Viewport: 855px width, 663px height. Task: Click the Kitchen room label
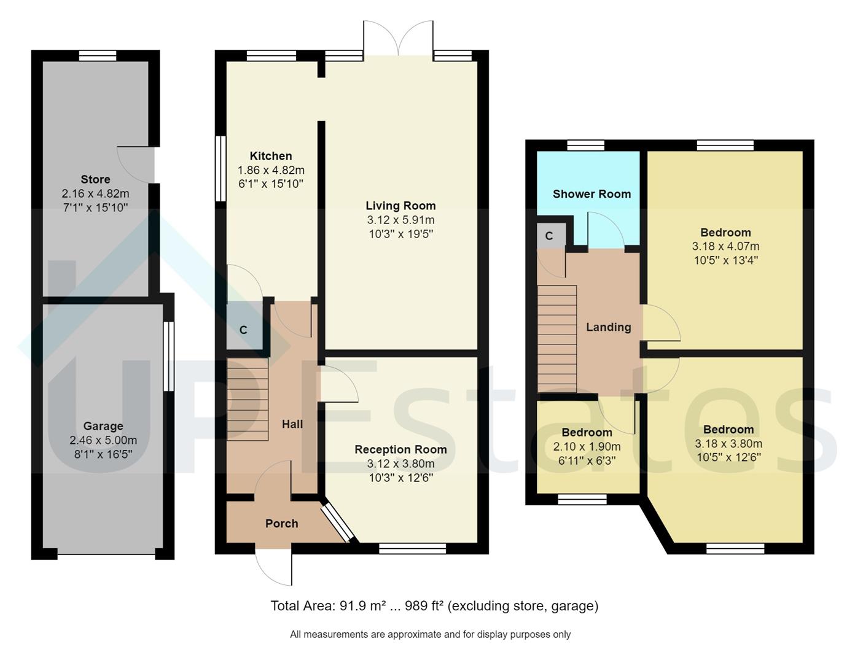[270, 156]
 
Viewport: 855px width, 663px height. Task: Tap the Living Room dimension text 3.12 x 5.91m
[400, 220]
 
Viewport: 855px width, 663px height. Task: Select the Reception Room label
[400, 449]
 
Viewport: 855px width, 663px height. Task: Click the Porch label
[281, 524]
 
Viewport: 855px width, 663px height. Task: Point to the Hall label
[292, 424]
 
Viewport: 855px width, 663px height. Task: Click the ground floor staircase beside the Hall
[248, 399]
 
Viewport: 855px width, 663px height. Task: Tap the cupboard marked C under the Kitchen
[243, 330]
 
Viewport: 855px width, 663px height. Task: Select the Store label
[95, 179]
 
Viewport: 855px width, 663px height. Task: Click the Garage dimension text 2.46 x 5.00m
[103, 440]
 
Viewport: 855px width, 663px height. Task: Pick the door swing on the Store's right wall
[134, 163]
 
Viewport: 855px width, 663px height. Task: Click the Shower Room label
[591, 194]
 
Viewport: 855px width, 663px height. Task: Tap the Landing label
[608, 327]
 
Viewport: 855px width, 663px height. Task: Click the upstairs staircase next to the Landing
[557, 339]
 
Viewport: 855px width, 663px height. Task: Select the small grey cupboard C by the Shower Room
[549, 236]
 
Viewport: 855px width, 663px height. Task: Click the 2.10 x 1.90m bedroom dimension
[587, 447]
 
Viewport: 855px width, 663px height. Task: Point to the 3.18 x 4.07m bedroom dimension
[725, 246]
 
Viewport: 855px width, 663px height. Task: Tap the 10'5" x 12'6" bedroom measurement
[728, 457]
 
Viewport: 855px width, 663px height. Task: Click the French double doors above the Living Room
[399, 39]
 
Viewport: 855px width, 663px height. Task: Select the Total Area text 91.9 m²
[359, 607]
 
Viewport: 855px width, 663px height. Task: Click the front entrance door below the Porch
[275, 566]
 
